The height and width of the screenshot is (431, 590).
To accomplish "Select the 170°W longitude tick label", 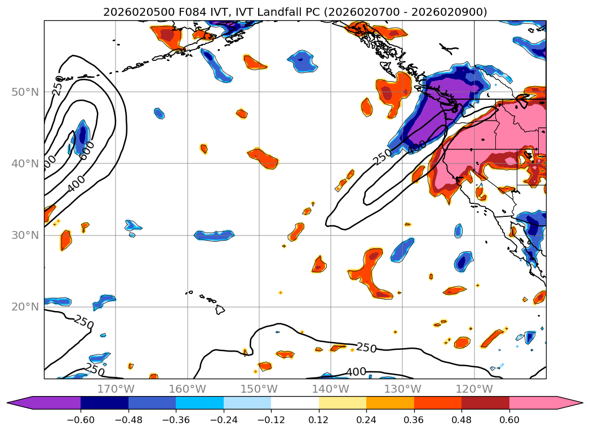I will pyautogui.click(x=116, y=389).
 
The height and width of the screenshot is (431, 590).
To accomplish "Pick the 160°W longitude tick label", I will pyautogui.click(x=188, y=389).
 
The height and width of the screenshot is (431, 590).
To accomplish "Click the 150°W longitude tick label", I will pyautogui.click(x=259, y=389).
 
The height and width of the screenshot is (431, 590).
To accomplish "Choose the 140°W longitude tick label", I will pyautogui.click(x=331, y=389).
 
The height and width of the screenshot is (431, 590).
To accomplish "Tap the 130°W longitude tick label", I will pyautogui.click(x=402, y=389).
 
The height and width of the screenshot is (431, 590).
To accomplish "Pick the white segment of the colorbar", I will pyautogui.click(x=295, y=402).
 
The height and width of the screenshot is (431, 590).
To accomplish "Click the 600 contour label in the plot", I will pyautogui.click(x=87, y=150).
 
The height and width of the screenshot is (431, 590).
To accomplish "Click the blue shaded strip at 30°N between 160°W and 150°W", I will pyautogui.click(x=214, y=236).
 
